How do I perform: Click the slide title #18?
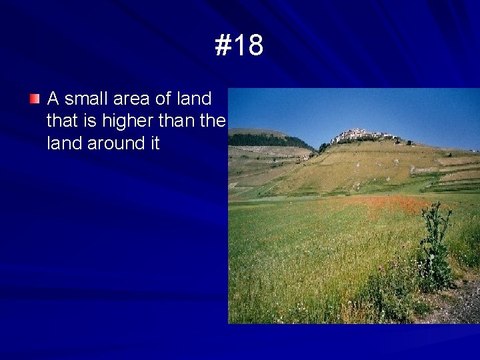pos(239,46)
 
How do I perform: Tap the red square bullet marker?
pos(35,99)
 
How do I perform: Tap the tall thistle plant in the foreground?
pos(435,247)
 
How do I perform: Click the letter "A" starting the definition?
pos(53,99)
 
